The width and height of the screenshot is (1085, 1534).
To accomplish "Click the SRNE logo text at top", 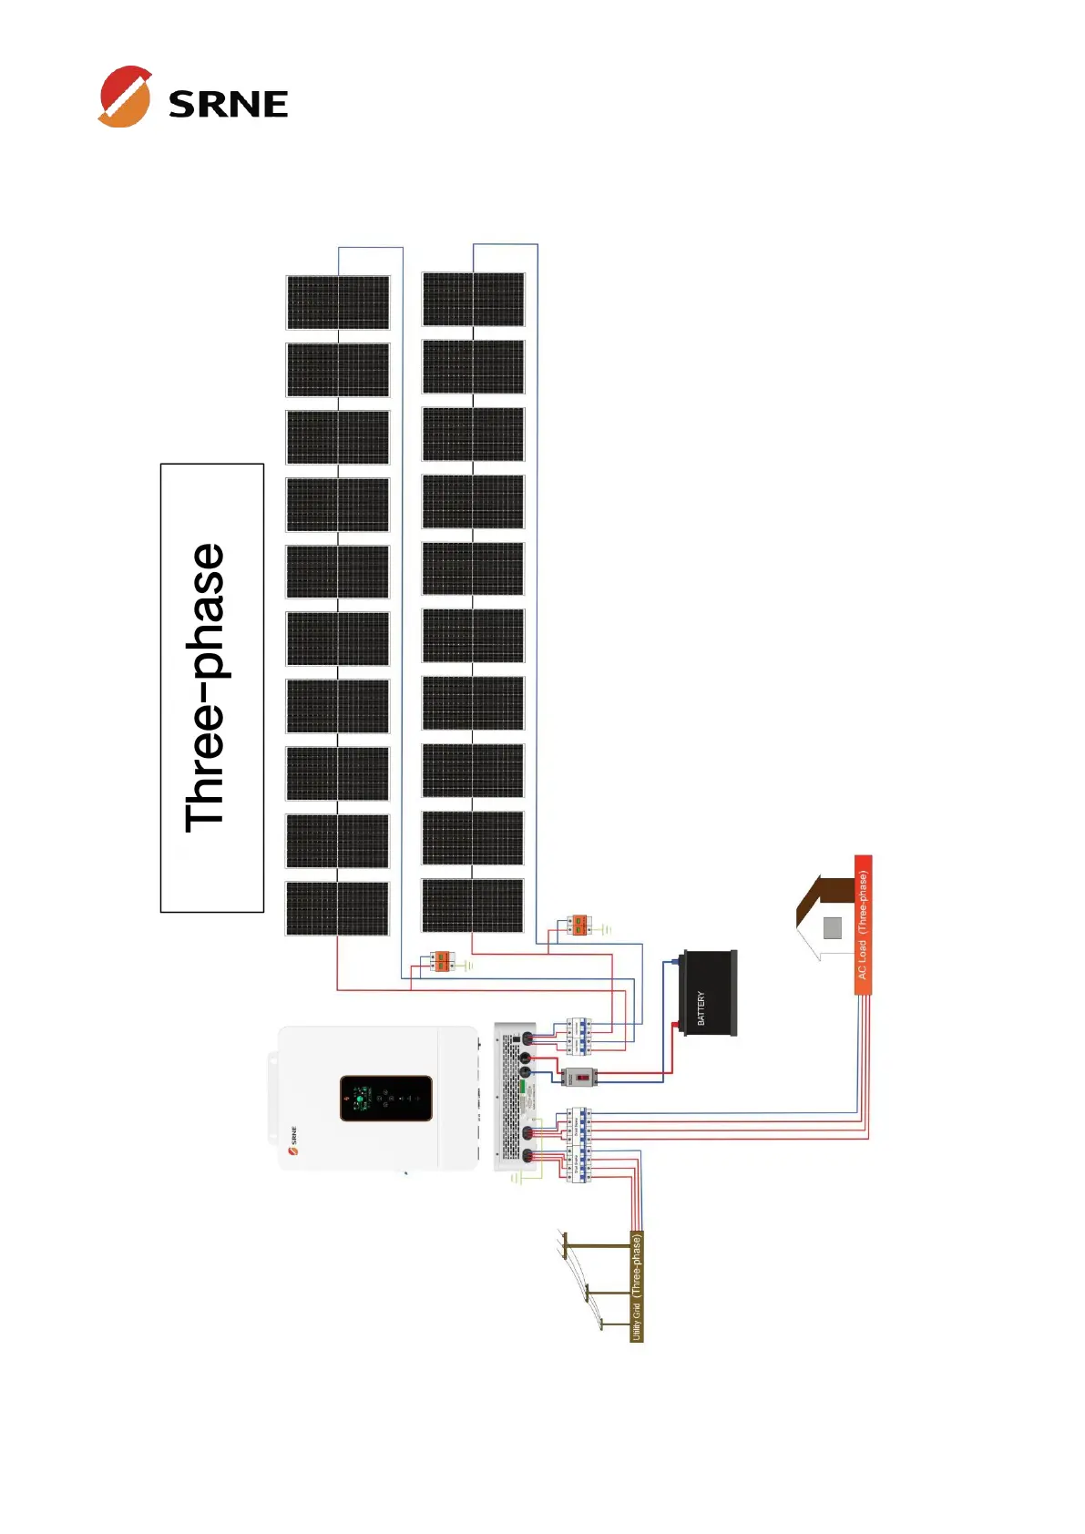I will coord(228,104).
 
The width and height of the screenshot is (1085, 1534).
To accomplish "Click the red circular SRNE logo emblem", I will coord(125,97).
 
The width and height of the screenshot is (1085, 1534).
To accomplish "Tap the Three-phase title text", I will coord(206,688).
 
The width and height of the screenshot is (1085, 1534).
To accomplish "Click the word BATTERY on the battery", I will coord(701,1007).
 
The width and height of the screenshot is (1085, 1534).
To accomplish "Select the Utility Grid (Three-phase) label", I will coord(637,1286).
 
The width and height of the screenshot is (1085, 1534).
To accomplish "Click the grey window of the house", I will coord(832,927).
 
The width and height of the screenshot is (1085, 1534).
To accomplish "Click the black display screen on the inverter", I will coord(385,1098).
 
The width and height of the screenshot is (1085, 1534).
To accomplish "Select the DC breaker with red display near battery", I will coord(578,1077).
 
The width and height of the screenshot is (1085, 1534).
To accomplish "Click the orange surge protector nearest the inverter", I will coord(442,960).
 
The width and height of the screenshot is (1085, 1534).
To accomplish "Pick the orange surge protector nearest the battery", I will coord(578,926).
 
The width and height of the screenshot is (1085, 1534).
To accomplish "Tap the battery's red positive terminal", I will coord(676,1026).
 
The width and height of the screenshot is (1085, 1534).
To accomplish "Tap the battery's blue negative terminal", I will coord(676,960).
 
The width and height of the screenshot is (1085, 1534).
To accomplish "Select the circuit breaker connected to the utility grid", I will coord(578,1165).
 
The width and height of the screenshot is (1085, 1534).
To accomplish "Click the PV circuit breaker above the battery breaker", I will coord(578,1035).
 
